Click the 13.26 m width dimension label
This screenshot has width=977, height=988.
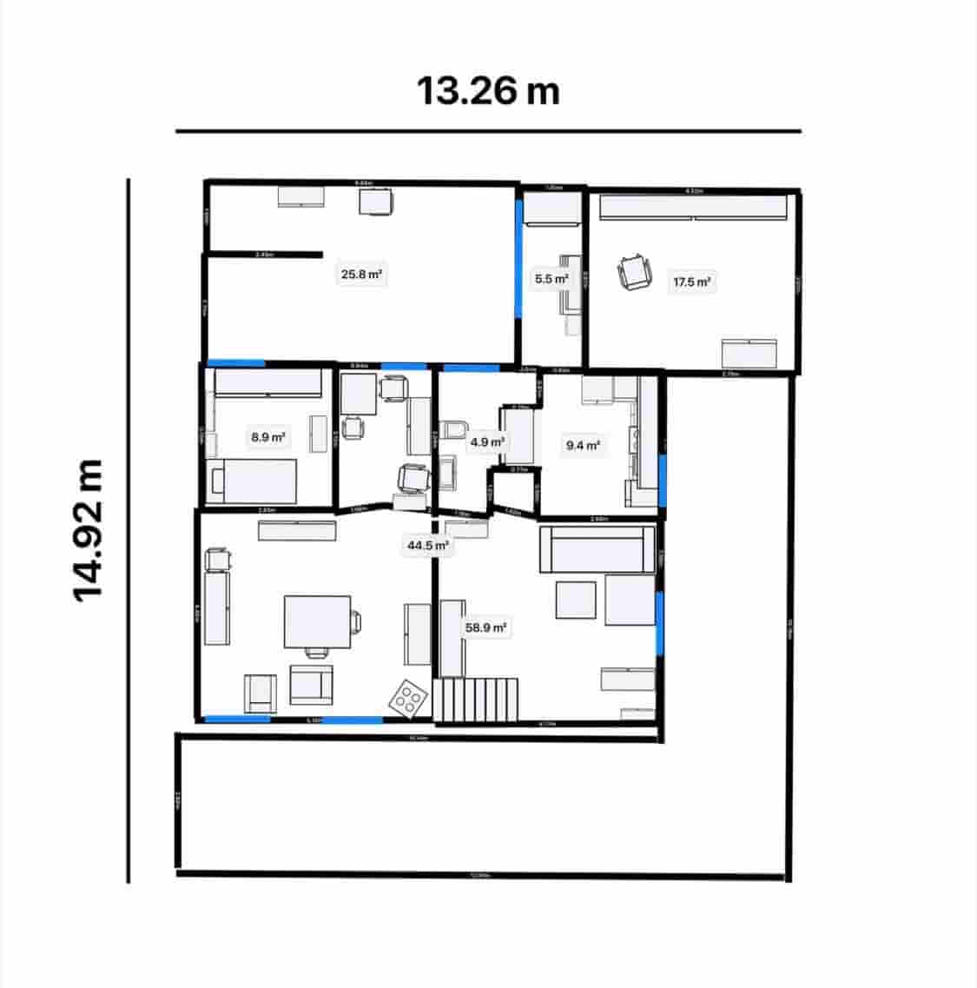point(488,90)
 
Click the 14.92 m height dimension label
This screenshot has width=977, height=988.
point(89,529)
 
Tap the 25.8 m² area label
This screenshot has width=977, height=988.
point(362,275)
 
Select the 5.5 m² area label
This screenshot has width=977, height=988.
point(551,279)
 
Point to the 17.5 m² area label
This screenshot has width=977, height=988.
point(692,282)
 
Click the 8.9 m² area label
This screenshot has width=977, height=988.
point(268,437)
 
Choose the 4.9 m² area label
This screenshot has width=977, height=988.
point(486,442)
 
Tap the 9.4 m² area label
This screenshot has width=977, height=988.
point(583,446)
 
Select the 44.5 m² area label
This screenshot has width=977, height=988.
point(428,546)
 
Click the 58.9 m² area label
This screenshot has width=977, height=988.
point(486,627)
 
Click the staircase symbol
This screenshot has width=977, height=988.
point(477,700)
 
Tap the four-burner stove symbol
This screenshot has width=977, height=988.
point(407,696)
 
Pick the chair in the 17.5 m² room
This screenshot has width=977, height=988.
point(635,272)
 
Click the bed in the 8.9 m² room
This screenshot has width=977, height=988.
point(254,481)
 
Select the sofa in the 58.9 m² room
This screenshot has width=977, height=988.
point(597,549)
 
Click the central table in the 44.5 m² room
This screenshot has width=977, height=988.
point(318,621)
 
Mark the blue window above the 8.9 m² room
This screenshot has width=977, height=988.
point(236,363)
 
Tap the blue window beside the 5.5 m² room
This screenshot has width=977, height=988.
point(519,257)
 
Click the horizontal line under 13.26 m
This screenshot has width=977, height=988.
point(488,131)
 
